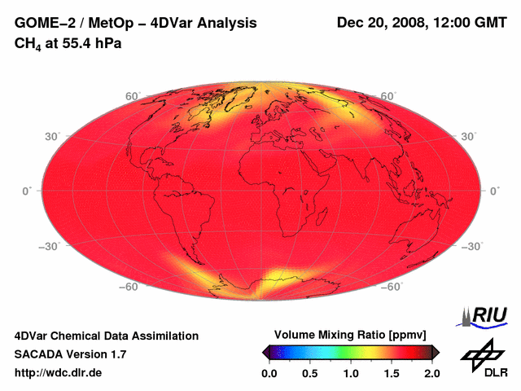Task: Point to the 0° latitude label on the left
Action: [26, 190]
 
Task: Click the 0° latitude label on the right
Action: [494, 190]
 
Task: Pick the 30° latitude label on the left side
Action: [53, 137]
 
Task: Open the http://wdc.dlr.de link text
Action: [59, 373]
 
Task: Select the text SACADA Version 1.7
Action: [70, 354]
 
